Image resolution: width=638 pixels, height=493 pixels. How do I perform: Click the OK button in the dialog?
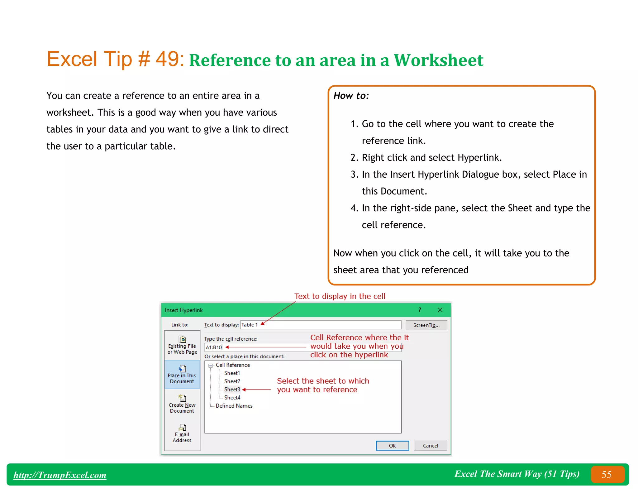[392, 446]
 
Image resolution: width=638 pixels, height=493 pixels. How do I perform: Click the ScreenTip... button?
[426, 325]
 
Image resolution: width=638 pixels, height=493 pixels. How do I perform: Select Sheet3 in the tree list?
[232, 390]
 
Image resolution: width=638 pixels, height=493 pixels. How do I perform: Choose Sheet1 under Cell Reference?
[232, 373]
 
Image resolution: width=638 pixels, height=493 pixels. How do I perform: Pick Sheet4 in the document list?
[232, 398]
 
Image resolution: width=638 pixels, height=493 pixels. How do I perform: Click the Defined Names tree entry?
[234, 406]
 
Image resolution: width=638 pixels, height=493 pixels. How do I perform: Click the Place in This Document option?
[182, 375]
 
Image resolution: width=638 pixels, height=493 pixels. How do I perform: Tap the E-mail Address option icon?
[182, 428]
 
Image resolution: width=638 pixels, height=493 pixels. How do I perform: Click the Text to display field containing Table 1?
[321, 325]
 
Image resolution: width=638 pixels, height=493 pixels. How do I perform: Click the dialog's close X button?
[440, 310]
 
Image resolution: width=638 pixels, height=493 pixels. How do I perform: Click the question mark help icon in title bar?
[420, 310]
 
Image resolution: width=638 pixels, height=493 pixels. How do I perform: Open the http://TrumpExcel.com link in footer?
[60, 475]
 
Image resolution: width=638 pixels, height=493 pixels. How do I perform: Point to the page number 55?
[607, 475]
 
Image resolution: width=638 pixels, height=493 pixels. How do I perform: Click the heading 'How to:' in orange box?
[351, 96]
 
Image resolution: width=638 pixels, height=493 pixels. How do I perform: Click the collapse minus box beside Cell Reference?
[211, 365]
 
